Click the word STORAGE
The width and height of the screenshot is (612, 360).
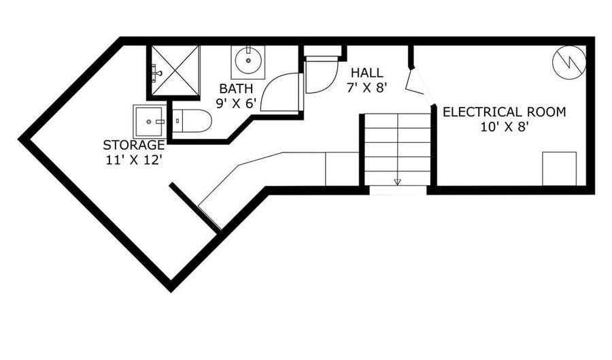(x=134, y=145)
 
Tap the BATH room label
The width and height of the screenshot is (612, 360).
(x=236, y=88)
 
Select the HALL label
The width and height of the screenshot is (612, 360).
(x=367, y=73)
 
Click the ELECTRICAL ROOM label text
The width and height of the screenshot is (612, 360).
(x=505, y=112)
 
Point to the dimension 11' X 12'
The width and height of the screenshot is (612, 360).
(x=133, y=160)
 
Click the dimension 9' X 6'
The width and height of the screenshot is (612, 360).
(x=236, y=103)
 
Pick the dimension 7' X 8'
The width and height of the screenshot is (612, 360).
(x=367, y=88)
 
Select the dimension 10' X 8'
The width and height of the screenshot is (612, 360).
(x=505, y=127)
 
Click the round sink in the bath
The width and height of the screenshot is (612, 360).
(x=248, y=61)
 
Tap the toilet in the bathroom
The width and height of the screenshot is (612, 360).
(x=192, y=120)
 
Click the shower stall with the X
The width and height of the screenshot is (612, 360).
(x=175, y=71)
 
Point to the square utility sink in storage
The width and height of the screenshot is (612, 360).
(x=149, y=122)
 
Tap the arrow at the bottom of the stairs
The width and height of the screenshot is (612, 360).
(x=397, y=182)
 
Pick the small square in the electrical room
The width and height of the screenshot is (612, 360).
(x=560, y=169)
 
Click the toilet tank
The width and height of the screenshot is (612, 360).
(x=177, y=120)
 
